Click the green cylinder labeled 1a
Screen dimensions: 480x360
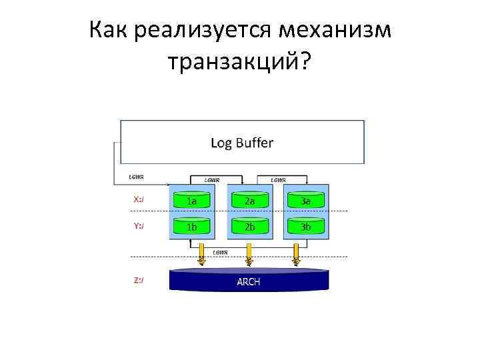tap(191, 201)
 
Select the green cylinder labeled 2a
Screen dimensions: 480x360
tap(249, 201)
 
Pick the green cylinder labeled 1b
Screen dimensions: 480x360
tap(191, 227)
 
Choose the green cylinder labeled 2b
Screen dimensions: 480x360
tap(249, 227)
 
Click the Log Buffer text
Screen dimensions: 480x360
tap(242, 143)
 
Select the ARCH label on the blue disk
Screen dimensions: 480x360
tap(249, 281)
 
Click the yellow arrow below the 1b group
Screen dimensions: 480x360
tap(201, 258)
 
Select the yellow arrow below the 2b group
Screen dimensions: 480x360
tap(248, 258)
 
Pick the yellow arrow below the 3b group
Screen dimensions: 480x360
tap(296, 258)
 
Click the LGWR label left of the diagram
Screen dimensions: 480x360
tap(136, 177)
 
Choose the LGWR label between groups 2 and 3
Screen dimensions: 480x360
tap(278, 179)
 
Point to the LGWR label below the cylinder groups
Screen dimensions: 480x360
tap(221, 252)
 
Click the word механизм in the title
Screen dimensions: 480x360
tap(336, 30)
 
